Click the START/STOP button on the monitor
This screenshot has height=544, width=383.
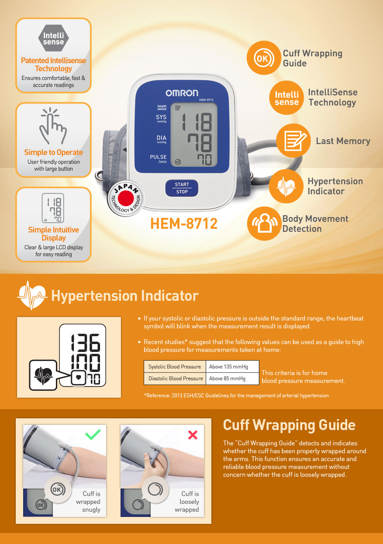[x=182, y=188]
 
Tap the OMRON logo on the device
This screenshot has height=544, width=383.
[x=182, y=93]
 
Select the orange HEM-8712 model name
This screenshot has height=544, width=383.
[x=184, y=224]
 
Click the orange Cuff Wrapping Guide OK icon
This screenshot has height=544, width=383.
[x=263, y=58]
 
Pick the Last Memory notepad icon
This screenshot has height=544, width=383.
[x=293, y=141]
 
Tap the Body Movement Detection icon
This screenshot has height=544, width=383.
[x=263, y=224]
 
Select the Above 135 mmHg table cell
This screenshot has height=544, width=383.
[x=232, y=367]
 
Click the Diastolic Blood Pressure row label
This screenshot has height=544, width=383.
[x=175, y=379]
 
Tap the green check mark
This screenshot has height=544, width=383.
[x=93, y=434]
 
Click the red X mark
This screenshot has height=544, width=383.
[x=193, y=435]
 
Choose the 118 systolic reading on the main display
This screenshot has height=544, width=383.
[x=197, y=121]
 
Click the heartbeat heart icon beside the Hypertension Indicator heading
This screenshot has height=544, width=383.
[x=32, y=296]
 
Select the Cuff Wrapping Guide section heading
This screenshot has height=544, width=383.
[x=289, y=425]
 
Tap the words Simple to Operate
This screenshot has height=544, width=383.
[x=53, y=152]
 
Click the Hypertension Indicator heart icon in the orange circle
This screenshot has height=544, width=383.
[x=286, y=186]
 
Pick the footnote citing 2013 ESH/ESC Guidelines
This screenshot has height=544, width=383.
[x=236, y=396]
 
